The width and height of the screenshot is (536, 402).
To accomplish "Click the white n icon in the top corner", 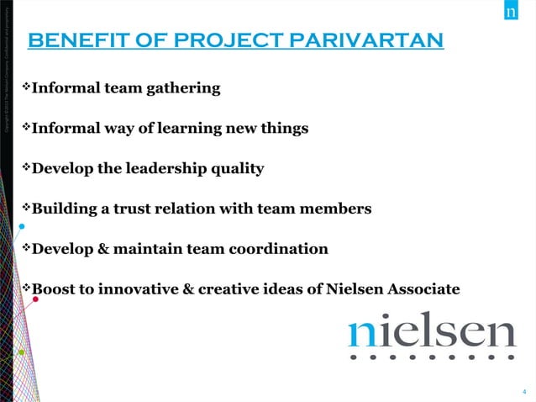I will click(x=512, y=12).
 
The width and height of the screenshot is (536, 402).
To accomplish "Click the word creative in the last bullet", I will click(x=239, y=289).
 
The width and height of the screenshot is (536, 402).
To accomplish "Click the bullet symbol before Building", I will click(x=25, y=208).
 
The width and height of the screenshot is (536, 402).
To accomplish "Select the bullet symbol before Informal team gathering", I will click(x=25, y=87).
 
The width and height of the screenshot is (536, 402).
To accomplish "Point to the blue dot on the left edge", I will click(x=21, y=226).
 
